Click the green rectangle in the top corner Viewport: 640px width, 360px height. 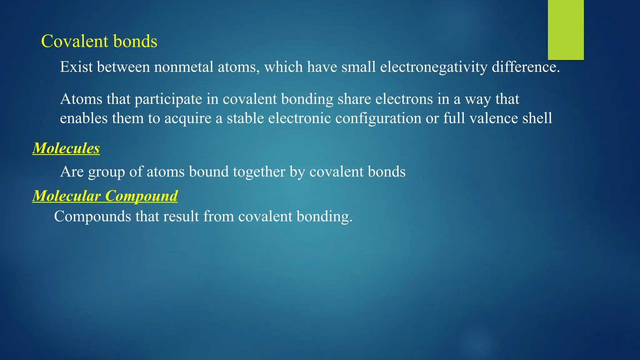click(x=566, y=30)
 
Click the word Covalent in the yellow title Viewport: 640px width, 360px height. click(x=75, y=41)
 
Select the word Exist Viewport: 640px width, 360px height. click(x=76, y=67)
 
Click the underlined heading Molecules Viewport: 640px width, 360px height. click(x=66, y=148)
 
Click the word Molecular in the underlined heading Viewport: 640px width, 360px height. click(x=67, y=196)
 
